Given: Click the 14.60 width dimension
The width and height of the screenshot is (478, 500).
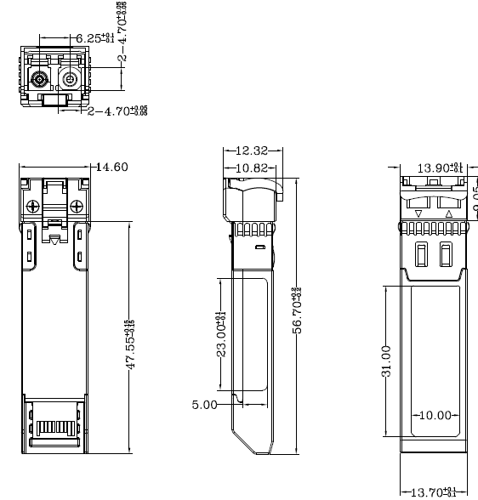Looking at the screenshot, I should (111, 167).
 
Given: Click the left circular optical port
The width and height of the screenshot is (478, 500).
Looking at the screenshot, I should (39, 81).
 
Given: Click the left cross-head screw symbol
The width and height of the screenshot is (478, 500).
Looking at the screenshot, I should (33, 204).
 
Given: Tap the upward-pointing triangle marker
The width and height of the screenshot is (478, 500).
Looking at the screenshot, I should (448, 213).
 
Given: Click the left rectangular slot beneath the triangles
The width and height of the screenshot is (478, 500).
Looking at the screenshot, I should (420, 253).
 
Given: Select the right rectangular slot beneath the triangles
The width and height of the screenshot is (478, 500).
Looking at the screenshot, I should (446, 253).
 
